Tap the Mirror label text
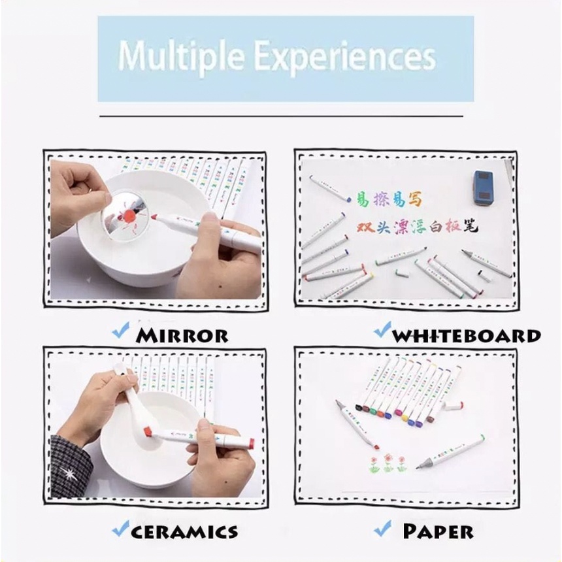point(182,336)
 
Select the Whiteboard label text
point(468,336)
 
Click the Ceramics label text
point(185,531)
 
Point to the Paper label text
point(438,531)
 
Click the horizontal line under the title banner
point(281,116)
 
